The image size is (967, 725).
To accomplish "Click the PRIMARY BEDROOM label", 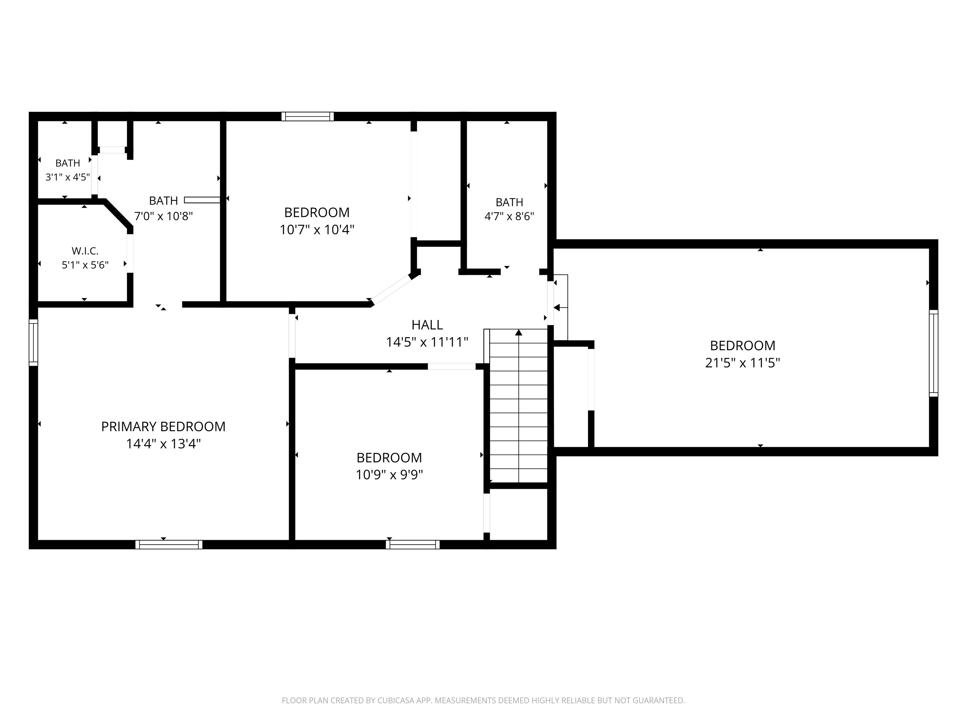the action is point(163,426).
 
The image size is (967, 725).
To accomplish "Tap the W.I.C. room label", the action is point(85,251).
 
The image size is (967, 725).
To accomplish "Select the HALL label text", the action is point(427,325).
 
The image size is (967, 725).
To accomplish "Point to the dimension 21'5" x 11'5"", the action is point(742,363).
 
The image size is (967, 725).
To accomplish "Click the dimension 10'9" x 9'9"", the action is point(389,475).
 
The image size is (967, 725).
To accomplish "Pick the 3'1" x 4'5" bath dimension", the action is point(68,177).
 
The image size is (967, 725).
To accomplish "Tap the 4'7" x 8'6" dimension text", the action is point(509,216).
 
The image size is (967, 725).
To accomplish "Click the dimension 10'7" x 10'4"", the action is point(317,229).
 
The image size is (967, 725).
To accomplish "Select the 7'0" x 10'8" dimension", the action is point(163,216).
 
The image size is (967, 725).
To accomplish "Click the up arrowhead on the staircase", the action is point(518,333).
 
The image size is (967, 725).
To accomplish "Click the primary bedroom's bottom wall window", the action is point(169,544).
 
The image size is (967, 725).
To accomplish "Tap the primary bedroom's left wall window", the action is point(33,342).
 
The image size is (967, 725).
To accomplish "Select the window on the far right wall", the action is point(933,353).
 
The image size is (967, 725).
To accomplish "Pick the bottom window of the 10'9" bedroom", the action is point(413,544).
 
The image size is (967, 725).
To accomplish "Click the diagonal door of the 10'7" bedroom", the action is point(391,289).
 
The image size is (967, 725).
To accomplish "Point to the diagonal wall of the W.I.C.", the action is point(118,214).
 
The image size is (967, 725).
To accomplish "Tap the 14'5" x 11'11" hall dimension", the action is point(427,342).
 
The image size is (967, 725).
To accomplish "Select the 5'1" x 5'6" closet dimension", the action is point(85,265).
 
